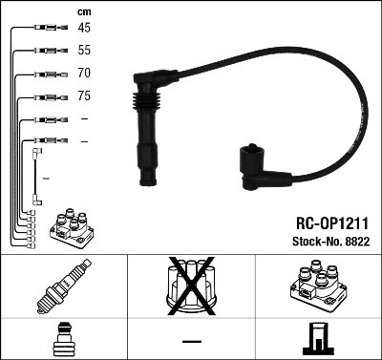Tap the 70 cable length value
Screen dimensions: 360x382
point(84,73)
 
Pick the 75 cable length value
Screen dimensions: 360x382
point(84,95)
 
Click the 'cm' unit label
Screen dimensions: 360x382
point(84,11)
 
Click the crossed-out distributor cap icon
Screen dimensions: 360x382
point(192,287)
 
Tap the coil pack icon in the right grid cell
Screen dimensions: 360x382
point(318,287)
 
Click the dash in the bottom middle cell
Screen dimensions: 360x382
point(192,341)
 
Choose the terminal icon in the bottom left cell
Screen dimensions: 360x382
point(63,339)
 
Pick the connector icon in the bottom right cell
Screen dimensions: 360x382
point(317,340)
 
